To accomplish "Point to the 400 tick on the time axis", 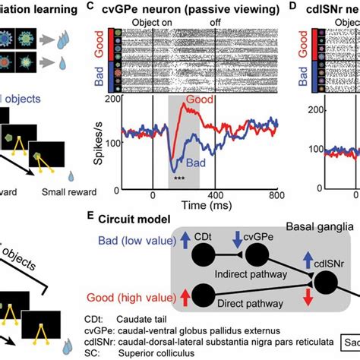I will (x=214, y=196).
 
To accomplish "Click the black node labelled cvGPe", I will (x=257, y=256).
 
